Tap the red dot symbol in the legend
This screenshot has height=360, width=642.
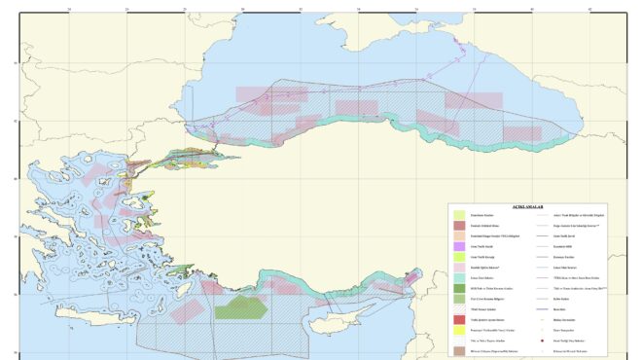click(541, 341)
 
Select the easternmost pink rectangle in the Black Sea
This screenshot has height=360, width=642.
click(475, 100)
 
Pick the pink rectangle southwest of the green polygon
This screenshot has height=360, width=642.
click(185, 310)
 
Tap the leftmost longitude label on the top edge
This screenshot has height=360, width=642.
click(67, 12)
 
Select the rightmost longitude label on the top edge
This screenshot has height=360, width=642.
click(589, 12)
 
